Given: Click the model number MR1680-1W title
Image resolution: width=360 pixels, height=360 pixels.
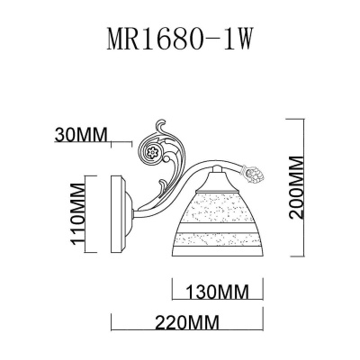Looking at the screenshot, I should (x=180, y=42).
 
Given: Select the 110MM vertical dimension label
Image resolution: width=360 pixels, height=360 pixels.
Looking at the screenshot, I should (x=79, y=209).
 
